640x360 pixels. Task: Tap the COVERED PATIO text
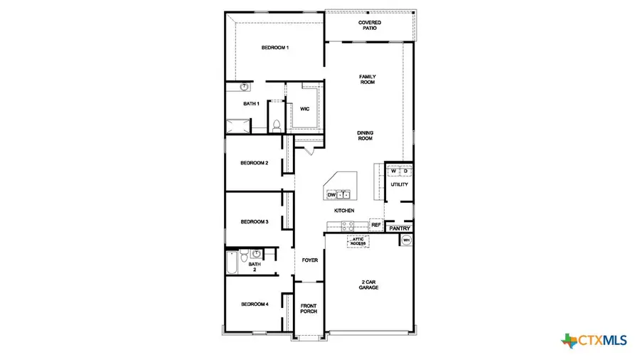369,25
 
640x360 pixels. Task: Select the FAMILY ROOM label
367,79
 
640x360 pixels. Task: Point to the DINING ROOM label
365,135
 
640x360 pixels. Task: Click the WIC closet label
304,109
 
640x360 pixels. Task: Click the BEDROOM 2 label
254,163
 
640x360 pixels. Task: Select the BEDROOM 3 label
254,222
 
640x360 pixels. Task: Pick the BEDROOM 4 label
254,305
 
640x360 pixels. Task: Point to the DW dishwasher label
331,194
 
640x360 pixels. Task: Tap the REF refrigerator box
376,225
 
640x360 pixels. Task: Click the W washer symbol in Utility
393,171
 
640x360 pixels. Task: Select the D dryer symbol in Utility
405,171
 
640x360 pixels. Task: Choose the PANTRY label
400,228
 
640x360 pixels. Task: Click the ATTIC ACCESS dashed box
358,241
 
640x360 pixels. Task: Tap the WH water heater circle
406,240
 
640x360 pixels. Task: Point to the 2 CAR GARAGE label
368,285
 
